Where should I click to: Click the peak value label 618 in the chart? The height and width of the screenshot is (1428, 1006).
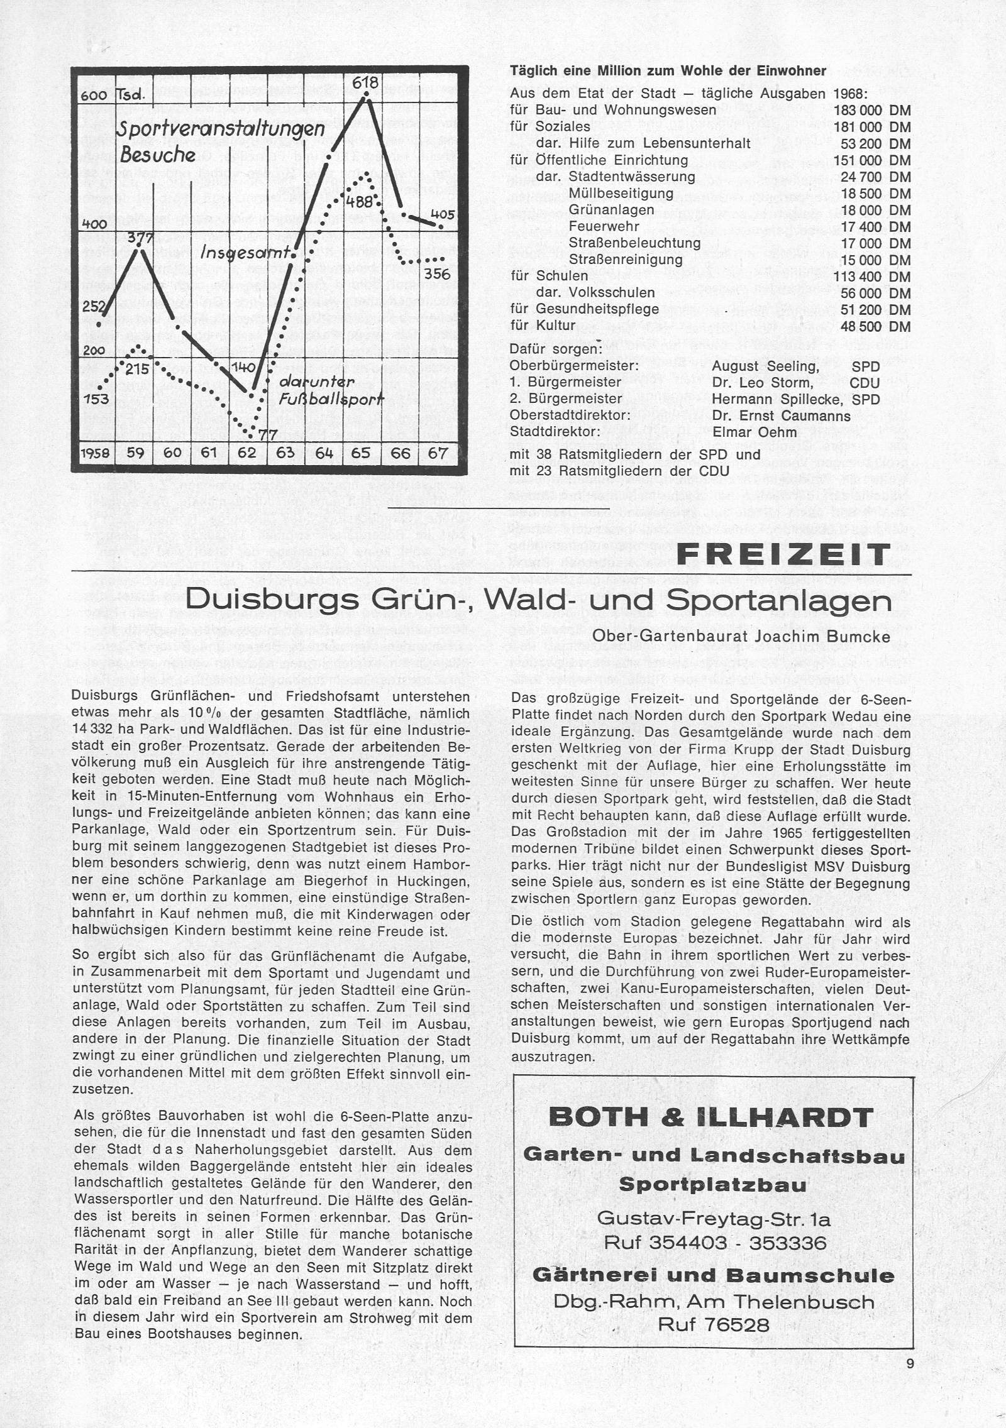(x=364, y=83)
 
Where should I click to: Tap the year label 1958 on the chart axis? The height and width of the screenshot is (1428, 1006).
(x=96, y=453)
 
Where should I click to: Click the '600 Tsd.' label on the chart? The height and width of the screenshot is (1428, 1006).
(x=113, y=96)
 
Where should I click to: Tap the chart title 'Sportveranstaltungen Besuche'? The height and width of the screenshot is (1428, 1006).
(x=220, y=141)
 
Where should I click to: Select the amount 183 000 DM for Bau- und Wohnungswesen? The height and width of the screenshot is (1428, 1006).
(x=872, y=110)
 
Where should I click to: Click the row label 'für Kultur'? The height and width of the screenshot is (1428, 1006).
(x=543, y=326)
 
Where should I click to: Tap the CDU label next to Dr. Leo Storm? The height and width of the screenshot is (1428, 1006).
(x=864, y=382)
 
